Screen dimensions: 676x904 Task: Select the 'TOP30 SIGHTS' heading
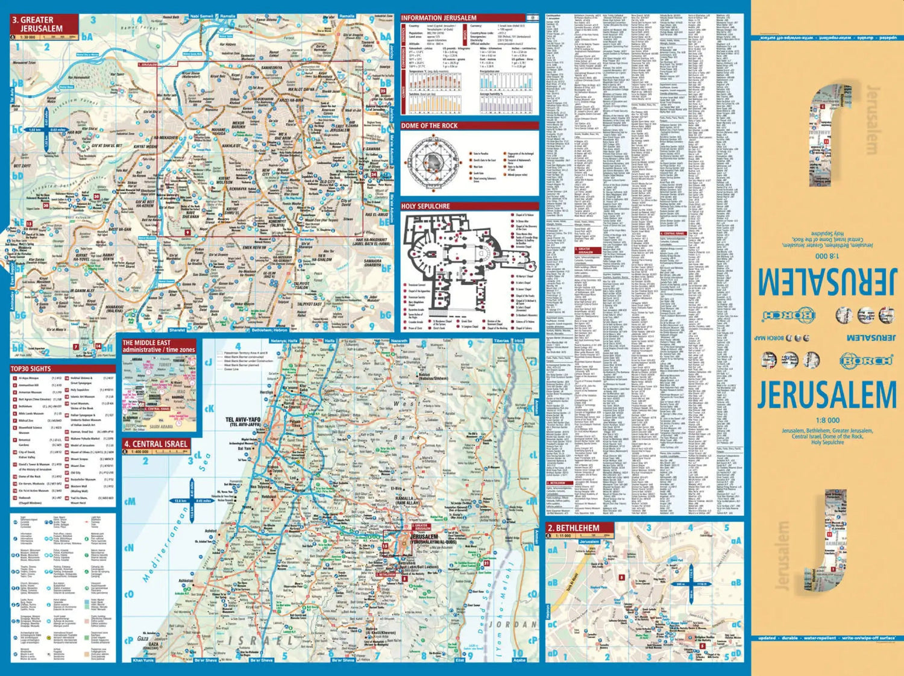pyautogui.click(x=31, y=369)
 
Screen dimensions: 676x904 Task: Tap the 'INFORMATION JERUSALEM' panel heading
pyautogui.click(x=439, y=18)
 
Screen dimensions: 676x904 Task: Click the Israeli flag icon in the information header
pyautogui.click(x=531, y=18)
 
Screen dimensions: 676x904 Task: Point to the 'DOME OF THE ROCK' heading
pyautogui.click(x=429, y=126)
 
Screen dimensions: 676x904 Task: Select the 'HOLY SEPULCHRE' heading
pyautogui.click(x=425, y=206)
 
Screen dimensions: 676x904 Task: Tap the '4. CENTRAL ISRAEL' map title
pyautogui.click(x=155, y=444)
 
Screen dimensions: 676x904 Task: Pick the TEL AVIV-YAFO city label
pyautogui.click(x=243, y=420)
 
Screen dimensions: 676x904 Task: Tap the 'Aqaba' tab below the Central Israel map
pyautogui.click(x=519, y=660)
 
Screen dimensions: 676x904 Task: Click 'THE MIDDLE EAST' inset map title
pyautogui.click(x=146, y=343)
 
